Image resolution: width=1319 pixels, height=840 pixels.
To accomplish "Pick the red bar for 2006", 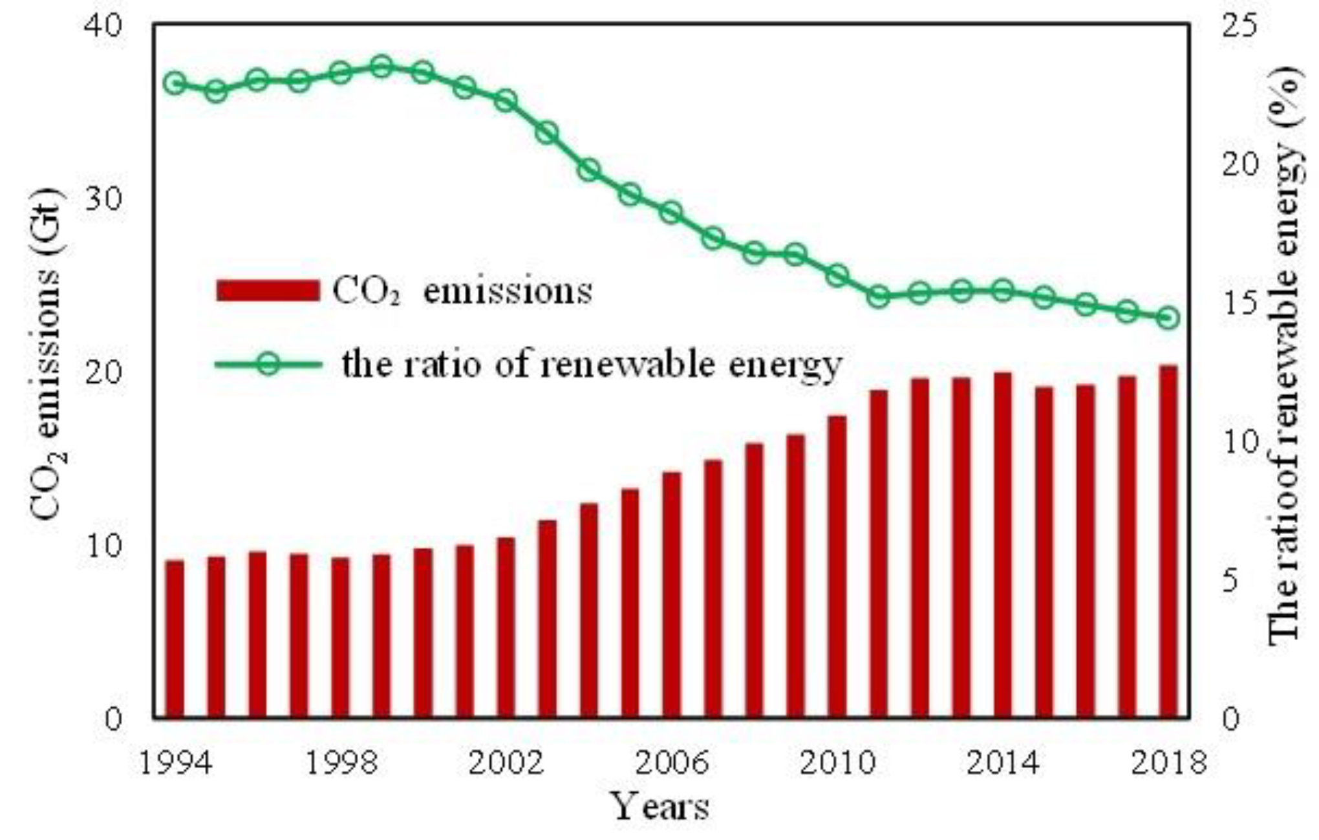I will [671, 595].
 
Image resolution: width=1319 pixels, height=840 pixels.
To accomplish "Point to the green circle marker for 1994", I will [175, 83].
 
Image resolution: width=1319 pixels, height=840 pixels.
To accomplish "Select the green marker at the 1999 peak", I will [381, 67].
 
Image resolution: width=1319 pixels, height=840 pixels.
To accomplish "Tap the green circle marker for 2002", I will [506, 101].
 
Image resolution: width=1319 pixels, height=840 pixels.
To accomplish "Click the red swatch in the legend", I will [268, 290].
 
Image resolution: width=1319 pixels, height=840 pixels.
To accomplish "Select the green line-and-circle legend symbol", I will [268, 364].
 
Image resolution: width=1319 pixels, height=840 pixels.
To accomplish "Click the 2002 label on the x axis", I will [506, 764].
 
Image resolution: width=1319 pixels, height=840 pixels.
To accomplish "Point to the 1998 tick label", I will [341, 764].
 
